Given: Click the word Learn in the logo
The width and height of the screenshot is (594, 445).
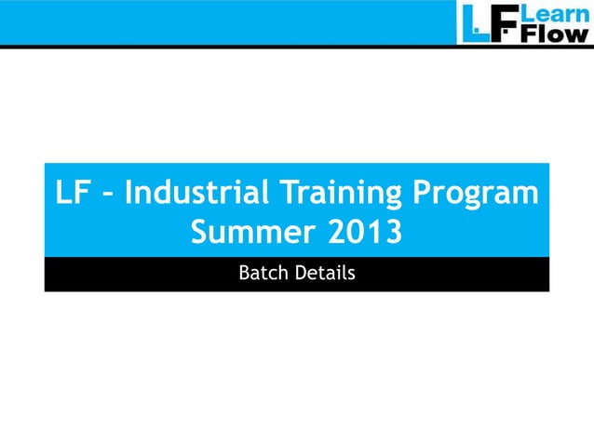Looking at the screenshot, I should tap(555, 14).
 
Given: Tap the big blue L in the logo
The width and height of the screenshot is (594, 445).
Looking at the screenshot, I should tap(474, 22).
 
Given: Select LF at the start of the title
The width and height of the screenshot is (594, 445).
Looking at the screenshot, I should tap(74, 195).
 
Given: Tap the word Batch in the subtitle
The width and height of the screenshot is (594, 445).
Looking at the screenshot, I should tap(262, 275).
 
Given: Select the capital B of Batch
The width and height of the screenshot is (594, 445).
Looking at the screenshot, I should tap(245, 275).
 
